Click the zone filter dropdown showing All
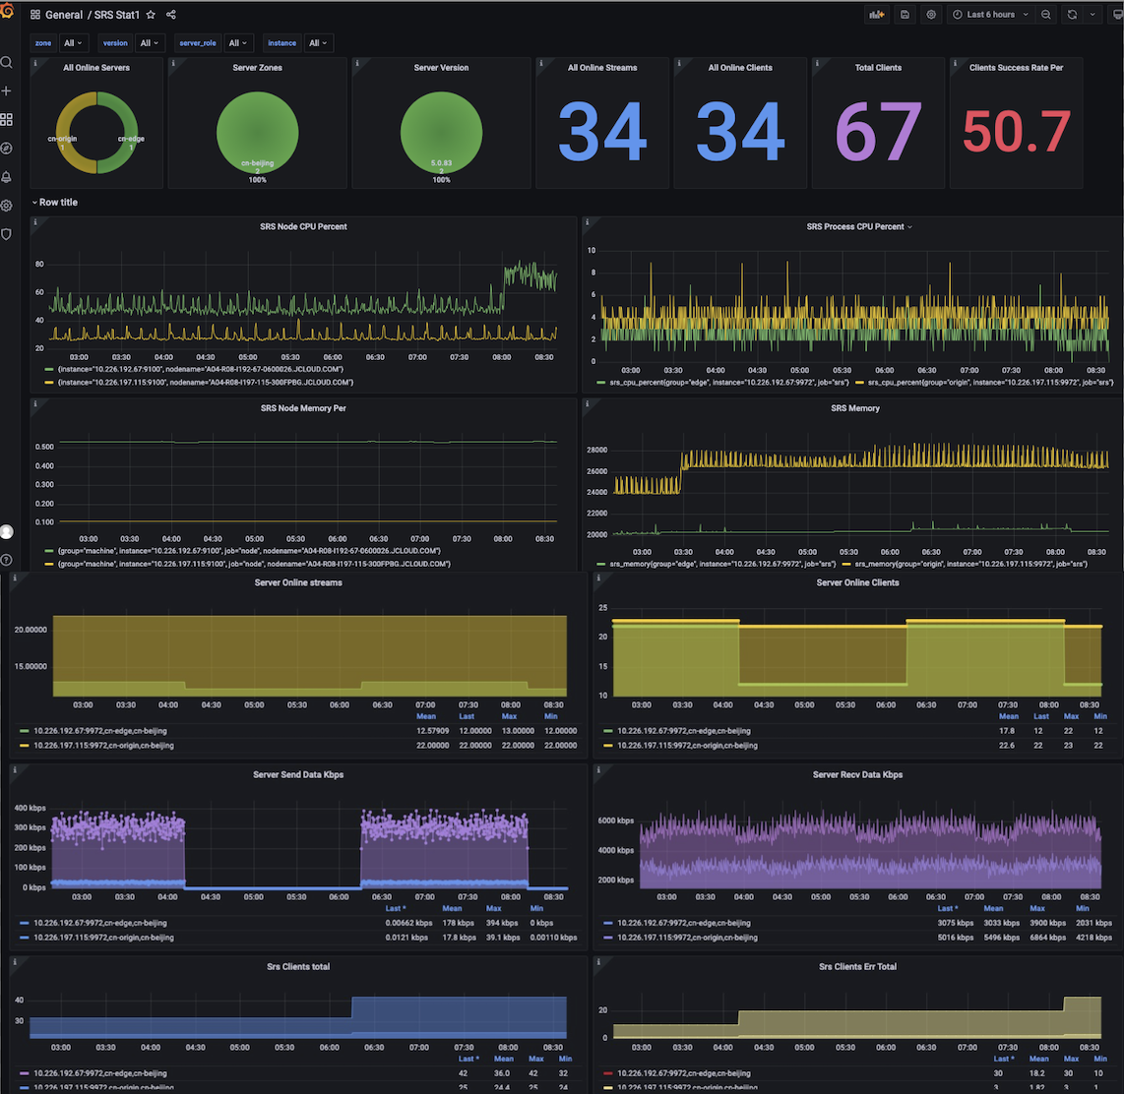[74, 43]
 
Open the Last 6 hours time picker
[990, 15]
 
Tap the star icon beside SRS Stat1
[151, 15]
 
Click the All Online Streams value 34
[602, 132]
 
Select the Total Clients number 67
[878, 132]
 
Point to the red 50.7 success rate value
[1017, 132]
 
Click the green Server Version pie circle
[441, 135]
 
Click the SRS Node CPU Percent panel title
[303, 226]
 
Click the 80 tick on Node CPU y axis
[39, 265]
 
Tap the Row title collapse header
[58, 203]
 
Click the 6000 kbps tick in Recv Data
[620, 820]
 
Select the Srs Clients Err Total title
[857, 967]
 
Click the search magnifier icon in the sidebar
[7, 63]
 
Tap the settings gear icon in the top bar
[931, 15]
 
